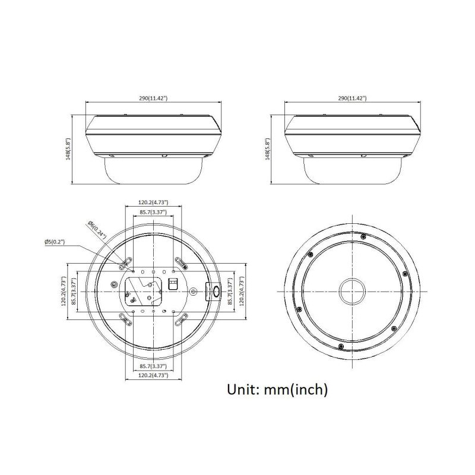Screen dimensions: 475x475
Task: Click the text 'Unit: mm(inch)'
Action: point(277,389)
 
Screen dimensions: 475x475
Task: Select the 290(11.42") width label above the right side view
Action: point(352,98)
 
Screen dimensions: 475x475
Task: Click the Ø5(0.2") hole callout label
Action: point(55,242)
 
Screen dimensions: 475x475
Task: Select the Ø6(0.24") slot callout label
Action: point(97,230)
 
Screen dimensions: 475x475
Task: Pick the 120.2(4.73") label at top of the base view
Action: point(153,202)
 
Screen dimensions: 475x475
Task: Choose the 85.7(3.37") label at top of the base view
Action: point(153,212)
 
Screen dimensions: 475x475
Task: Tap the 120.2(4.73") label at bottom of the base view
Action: point(153,375)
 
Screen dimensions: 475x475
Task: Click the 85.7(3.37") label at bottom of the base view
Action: point(153,366)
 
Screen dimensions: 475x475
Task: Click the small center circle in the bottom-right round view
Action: point(352,292)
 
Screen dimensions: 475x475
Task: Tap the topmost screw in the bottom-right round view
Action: point(362,236)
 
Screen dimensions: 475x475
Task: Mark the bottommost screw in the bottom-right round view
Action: point(340,346)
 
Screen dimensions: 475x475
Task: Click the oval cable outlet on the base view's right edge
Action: point(216,291)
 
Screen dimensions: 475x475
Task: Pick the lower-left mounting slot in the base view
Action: point(125,321)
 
